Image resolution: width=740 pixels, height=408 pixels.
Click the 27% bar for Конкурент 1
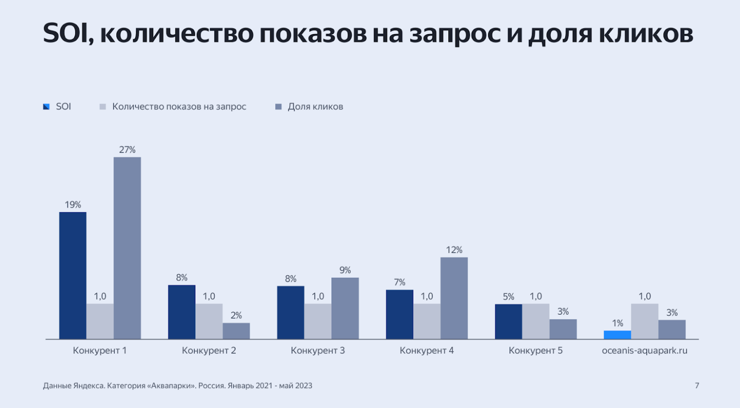coord(127,248)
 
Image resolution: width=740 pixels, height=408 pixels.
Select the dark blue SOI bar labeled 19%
coord(73,275)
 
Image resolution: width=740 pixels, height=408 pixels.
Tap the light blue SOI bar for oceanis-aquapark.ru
coord(617,335)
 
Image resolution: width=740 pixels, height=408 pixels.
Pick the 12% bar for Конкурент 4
coord(454,298)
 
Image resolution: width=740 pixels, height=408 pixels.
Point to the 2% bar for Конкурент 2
coord(236,331)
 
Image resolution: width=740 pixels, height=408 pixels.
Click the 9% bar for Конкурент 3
coord(345,308)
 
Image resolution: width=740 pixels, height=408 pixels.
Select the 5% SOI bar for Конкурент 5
coord(508,321)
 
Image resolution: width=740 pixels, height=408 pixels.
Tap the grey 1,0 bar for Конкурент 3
coord(318,321)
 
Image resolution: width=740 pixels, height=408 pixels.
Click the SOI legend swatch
coord(46,107)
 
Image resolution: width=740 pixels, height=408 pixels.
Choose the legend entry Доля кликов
coord(315,107)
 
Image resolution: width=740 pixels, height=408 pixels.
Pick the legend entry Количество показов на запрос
coord(179,107)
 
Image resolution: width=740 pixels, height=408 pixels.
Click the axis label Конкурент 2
coord(209,351)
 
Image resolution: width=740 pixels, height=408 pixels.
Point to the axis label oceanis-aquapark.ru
coord(644,351)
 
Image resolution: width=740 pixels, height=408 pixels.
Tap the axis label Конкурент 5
coord(535,351)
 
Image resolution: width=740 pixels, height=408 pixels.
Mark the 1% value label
coord(617,323)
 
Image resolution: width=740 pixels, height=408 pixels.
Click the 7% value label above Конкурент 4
coord(399,283)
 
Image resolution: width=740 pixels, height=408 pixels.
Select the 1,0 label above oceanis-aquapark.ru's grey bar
coord(645,296)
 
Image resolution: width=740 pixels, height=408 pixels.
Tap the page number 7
coord(697,385)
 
